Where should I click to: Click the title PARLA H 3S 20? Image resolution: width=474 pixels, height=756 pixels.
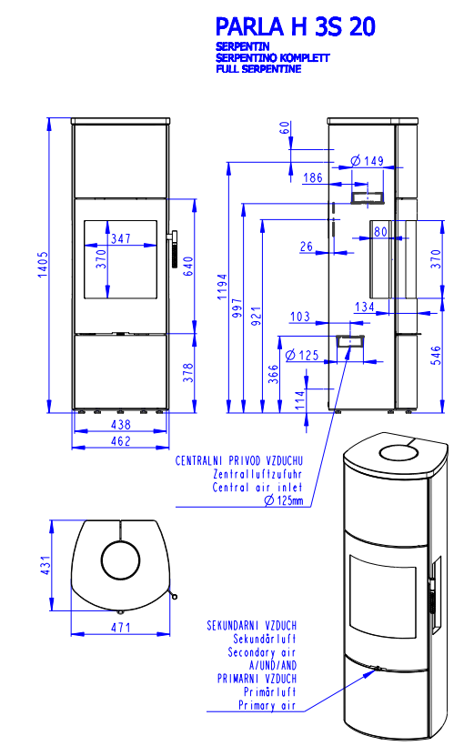295,26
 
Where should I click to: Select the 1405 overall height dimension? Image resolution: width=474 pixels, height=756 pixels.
44,264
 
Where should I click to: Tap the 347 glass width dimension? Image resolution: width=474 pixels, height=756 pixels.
121,238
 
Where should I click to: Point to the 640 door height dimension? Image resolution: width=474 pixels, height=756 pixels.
188,267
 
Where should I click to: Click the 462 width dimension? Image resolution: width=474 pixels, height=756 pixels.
121,441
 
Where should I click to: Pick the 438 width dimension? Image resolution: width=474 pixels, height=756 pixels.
121,425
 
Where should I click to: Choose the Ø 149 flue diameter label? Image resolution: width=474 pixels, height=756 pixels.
367,160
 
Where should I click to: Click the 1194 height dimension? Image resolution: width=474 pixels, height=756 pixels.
222,287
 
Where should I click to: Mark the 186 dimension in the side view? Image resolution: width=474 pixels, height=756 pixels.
312,177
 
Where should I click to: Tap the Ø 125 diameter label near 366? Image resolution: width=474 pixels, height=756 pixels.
302,356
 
